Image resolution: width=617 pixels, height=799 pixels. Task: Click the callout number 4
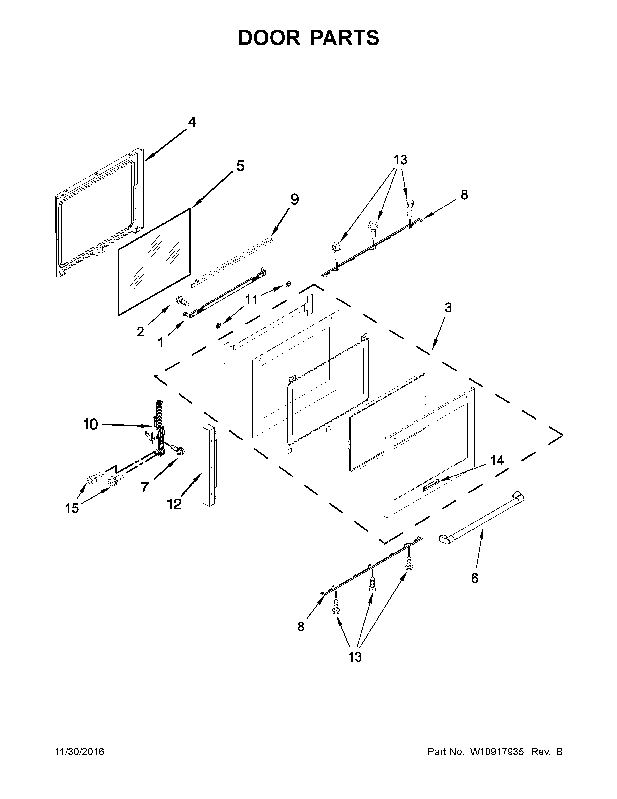192,122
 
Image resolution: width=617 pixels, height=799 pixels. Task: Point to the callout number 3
448,308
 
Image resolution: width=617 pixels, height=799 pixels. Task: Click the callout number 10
91,424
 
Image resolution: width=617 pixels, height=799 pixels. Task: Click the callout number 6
474,578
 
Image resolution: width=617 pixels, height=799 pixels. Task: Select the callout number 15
72,508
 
